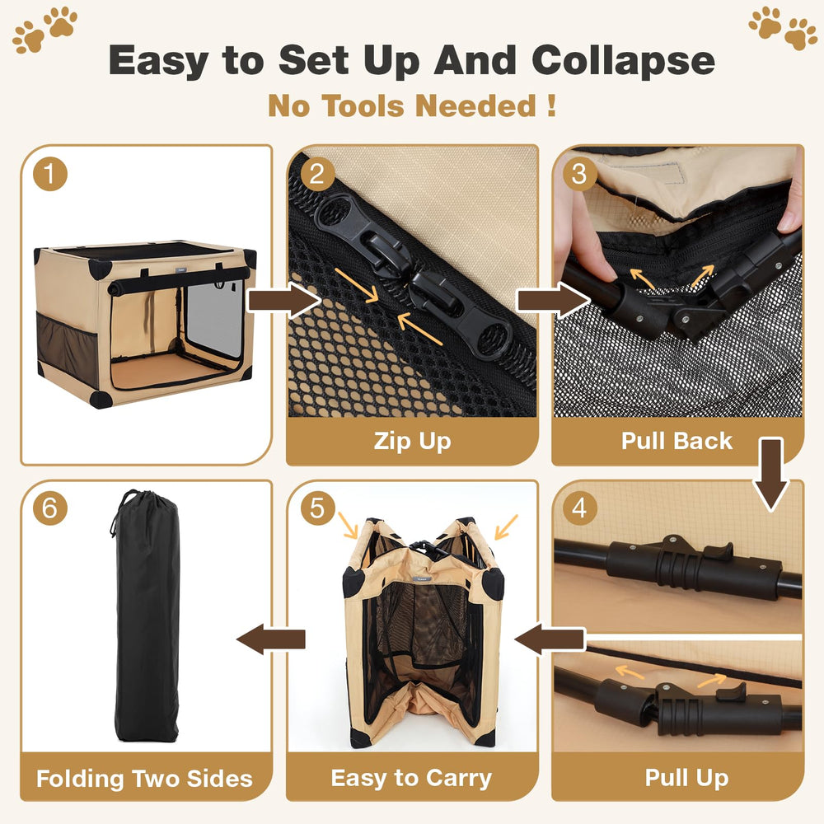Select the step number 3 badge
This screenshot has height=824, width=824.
(579, 174)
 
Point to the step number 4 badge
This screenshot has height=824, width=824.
(579, 508)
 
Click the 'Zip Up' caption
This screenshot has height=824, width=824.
(412, 441)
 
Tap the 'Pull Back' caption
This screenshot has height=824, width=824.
(677, 441)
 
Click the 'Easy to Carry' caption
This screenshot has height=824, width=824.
(411, 777)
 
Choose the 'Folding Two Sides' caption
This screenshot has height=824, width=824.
(145, 777)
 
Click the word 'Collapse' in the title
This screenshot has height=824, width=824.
(623, 60)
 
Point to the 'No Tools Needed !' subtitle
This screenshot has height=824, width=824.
(411, 105)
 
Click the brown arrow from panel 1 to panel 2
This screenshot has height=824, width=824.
(283, 301)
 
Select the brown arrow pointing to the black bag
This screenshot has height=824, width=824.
(270, 639)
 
